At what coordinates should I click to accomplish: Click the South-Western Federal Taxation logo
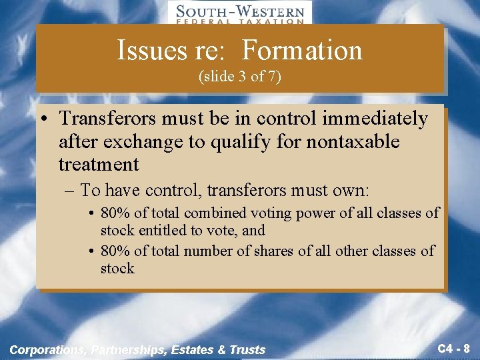point(239,13)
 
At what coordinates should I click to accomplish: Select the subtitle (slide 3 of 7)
point(240,77)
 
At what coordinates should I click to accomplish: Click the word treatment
point(99,164)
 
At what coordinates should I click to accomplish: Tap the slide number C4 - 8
point(454,348)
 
